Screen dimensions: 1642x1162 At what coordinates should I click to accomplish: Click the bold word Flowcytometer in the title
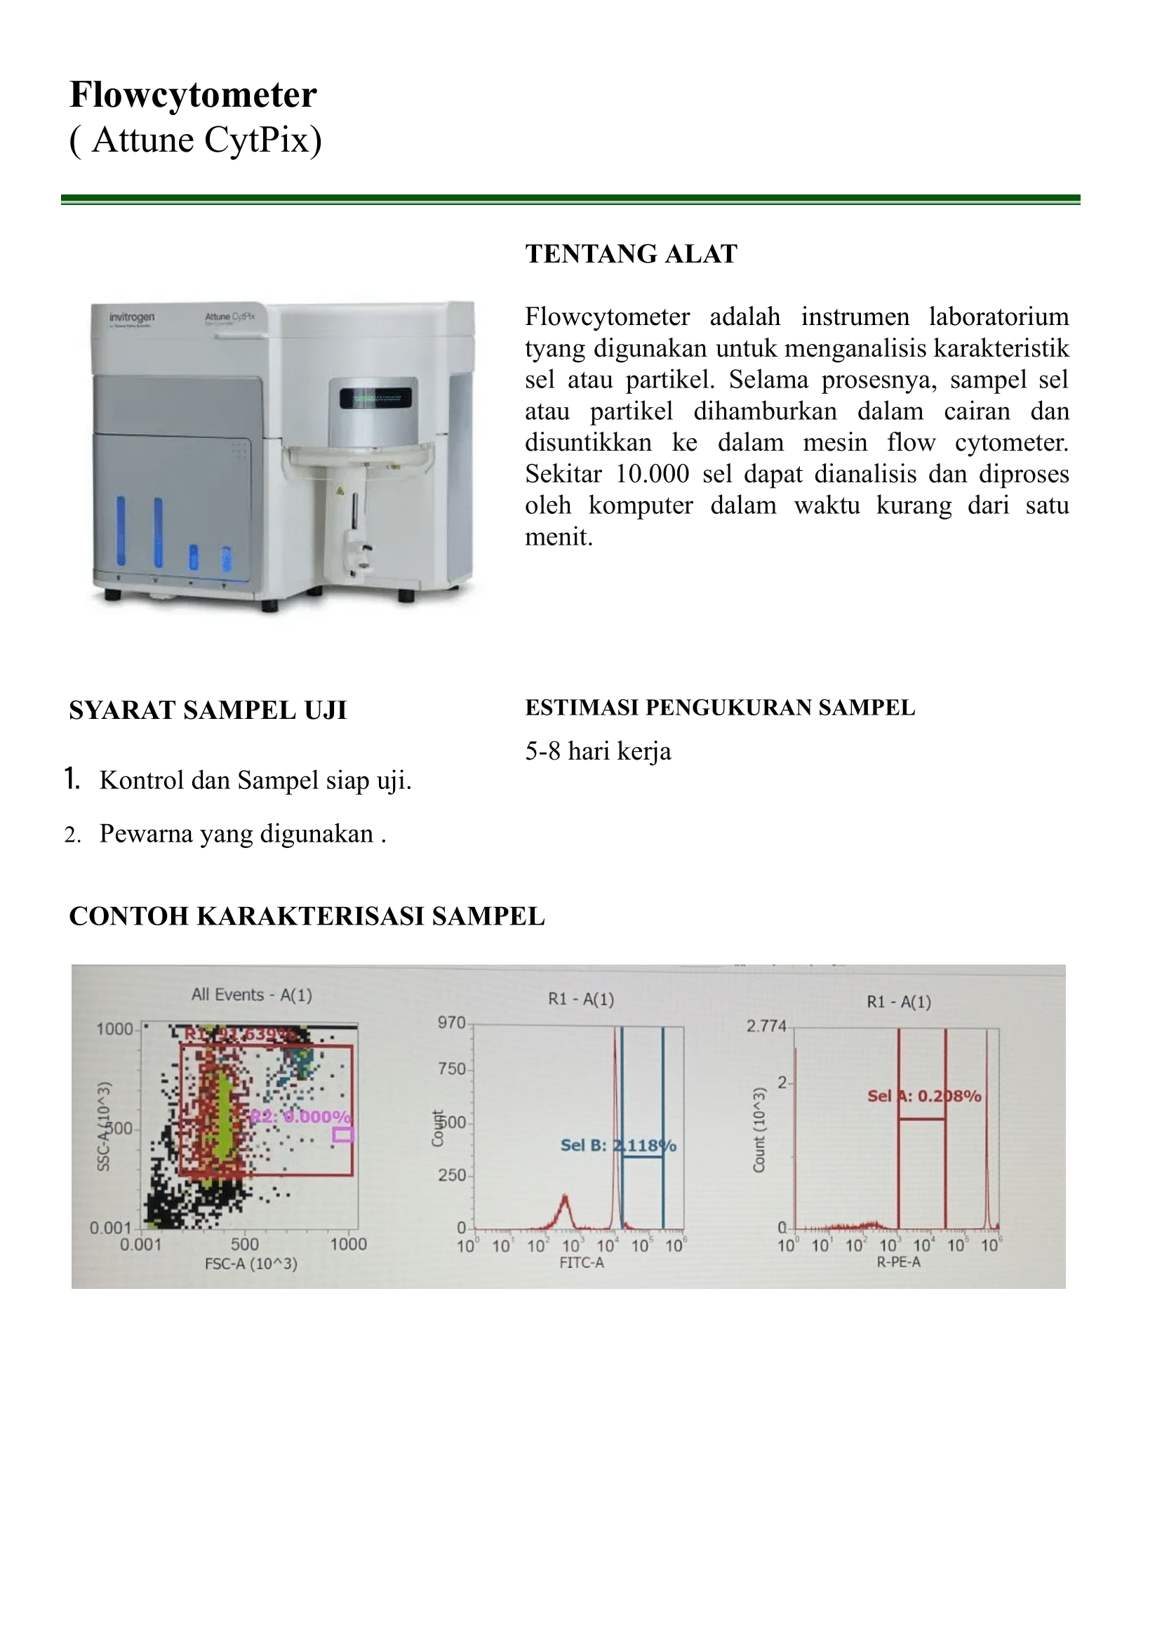pos(193,95)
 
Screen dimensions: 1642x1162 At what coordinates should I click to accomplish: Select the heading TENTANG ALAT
pos(631,254)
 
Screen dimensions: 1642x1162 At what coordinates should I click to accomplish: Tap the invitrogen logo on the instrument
pos(132,317)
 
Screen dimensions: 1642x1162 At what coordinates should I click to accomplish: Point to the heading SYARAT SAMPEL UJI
pos(208,710)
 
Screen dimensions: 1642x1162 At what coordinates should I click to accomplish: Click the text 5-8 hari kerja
pos(598,751)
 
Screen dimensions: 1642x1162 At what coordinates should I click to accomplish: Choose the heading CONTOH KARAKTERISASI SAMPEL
pos(306,916)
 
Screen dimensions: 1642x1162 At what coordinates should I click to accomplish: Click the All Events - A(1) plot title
pos(252,994)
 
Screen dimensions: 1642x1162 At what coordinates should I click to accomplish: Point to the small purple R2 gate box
pos(342,1134)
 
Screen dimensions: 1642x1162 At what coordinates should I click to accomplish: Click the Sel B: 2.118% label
pos(618,1145)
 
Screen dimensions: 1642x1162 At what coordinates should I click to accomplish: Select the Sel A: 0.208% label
pos(923,1096)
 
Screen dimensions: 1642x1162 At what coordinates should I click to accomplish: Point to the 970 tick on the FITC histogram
pos(451,1023)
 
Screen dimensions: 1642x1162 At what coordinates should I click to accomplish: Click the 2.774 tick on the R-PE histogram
pos(766,1026)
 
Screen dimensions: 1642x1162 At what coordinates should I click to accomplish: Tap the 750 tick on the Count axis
pos(451,1068)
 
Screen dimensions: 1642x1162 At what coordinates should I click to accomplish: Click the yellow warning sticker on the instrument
pos(340,491)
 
